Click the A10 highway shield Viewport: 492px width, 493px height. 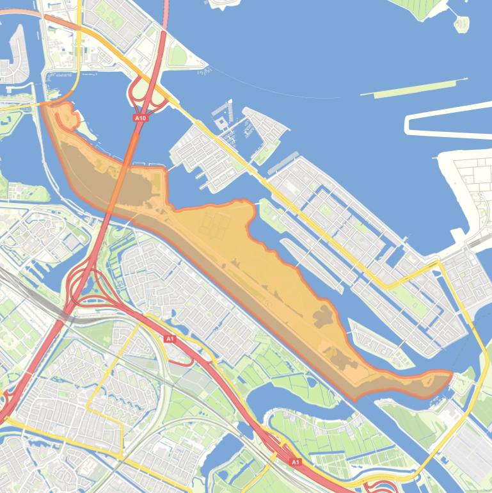pyautogui.click(x=141, y=118)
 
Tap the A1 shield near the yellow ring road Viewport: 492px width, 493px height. pyautogui.click(x=170, y=339)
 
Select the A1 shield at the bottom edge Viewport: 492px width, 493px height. pyautogui.click(x=295, y=462)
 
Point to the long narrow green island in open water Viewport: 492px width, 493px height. pyautogui.click(x=413, y=88)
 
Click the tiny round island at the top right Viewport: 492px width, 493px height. pyautogui.click(x=461, y=24)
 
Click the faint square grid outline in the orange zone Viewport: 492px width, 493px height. pyautogui.click(x=214, y=224)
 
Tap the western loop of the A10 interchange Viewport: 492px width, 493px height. pyautogui.click(x=137, y=93)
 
